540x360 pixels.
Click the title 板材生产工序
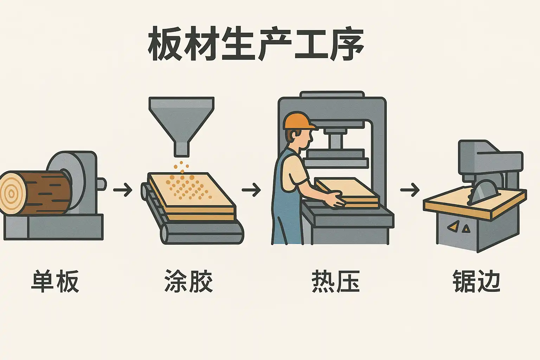coord(256,44)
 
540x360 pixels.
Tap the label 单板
coord(55,281)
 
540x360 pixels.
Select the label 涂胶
coord(188,281)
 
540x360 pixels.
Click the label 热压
coord(336,281)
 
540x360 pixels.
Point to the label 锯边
coord(477,281)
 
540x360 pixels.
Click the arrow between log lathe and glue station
coord(123,190)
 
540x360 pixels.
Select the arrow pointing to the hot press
coord(251,190)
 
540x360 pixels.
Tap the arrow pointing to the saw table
coord(410,190)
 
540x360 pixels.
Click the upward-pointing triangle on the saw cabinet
coord(466,229)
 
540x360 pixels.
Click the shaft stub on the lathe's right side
coord(102,184)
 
